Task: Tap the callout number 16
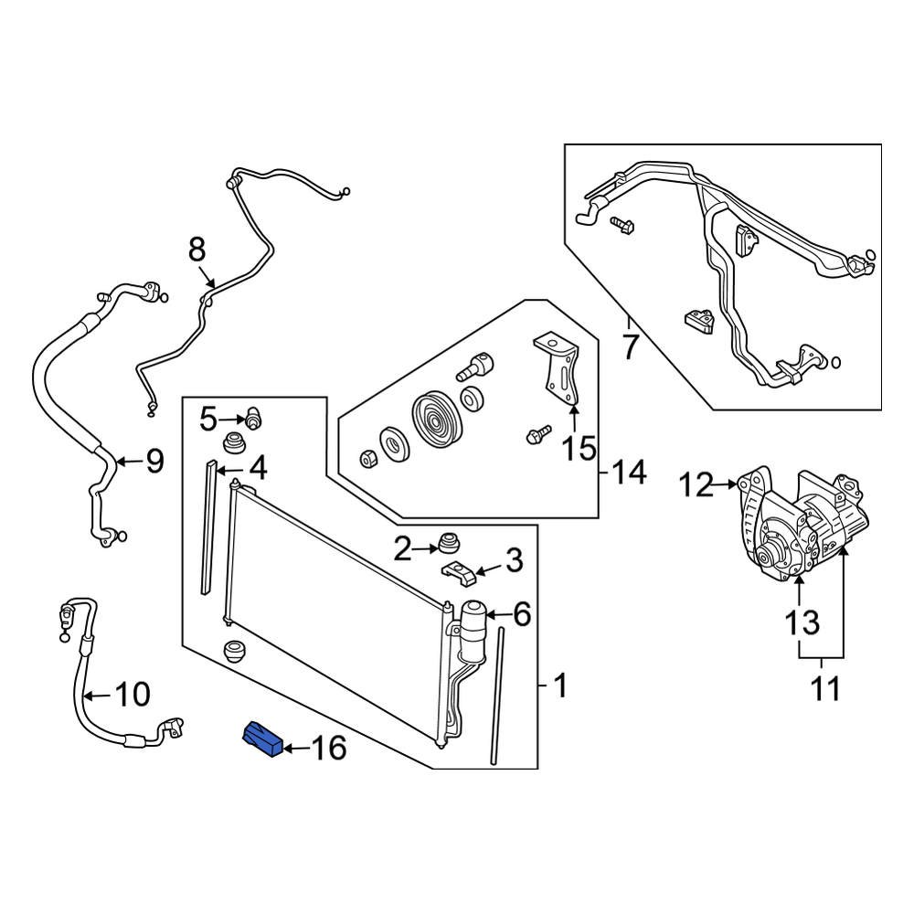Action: [x=329, y=749]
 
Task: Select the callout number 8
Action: [x=197, y=249]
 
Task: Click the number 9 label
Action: [x=154, y=462]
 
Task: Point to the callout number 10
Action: [x=133, y=696]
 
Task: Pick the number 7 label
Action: [x=629, y=349]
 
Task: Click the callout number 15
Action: [x=578, y=449]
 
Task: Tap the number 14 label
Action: [x=629, y=473]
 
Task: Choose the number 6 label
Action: [x=521, y=614]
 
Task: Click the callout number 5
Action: [x=209, y=420]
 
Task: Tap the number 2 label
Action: [x=403, y=549]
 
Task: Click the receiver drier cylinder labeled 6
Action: [x=473, y=631]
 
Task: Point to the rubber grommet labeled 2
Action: [x=448, y=543]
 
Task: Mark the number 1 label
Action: [x=560, y=685]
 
